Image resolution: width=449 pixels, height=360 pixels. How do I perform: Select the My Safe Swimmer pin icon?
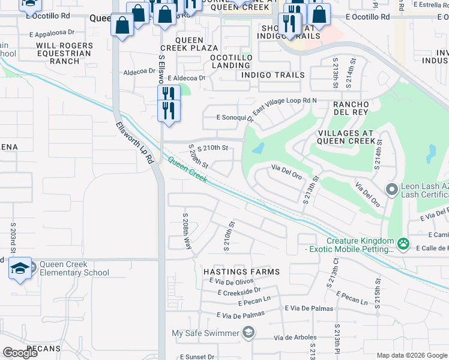[x=248, y=333]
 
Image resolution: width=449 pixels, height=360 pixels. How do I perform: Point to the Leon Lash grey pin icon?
[x=392, y=190]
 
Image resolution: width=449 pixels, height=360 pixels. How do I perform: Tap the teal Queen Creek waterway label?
[x=188, y=169]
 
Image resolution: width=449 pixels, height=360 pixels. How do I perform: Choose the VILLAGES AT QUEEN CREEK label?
[x=346, y=137]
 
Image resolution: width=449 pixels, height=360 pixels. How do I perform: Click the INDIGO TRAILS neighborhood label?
[x=273, y=75]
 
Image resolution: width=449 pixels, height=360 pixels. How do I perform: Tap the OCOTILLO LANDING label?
[x=231, y=61]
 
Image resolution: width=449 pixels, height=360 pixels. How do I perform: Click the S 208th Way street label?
[x=187, y=230]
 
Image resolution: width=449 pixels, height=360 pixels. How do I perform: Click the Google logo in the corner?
[x=20, y=353]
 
